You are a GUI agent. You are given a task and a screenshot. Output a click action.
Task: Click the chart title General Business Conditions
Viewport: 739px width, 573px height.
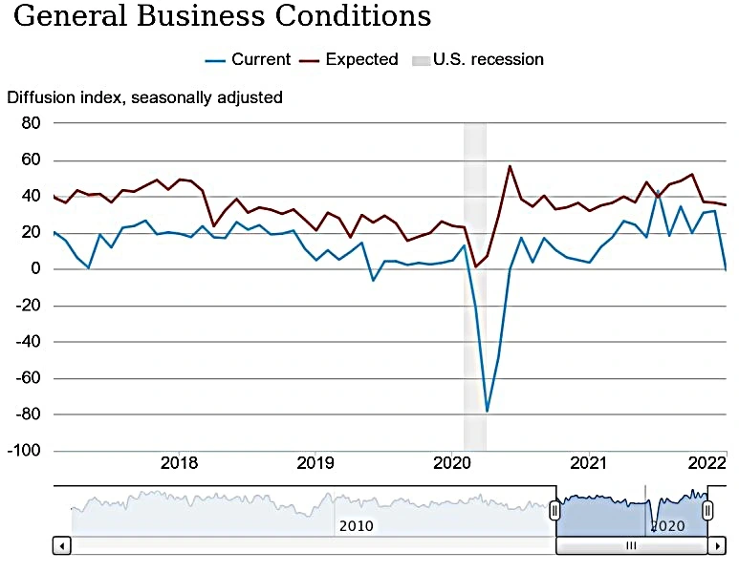click(222, 17)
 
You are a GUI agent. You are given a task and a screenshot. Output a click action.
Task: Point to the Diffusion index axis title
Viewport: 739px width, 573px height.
click(144, 96)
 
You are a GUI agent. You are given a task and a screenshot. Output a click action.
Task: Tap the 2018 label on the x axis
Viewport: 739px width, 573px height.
click(179, 464)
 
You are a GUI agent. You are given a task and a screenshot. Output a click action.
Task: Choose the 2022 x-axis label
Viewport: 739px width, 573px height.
click(708, 464)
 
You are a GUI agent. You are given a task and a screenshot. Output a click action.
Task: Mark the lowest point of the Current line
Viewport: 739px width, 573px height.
click(487, 412)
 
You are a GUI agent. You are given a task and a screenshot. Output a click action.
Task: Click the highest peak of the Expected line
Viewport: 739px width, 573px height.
click(510, 166)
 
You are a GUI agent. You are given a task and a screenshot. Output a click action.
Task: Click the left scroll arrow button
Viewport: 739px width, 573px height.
click(62, 545)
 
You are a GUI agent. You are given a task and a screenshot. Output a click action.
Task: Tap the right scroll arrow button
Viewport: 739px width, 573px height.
click(717, 545)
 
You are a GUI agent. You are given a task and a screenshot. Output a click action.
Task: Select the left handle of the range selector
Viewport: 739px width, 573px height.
click(554, 511)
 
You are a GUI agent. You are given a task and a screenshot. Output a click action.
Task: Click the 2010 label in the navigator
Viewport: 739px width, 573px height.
click(356, 525)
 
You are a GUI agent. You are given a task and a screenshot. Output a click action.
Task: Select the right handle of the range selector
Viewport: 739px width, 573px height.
click(707, 511)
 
